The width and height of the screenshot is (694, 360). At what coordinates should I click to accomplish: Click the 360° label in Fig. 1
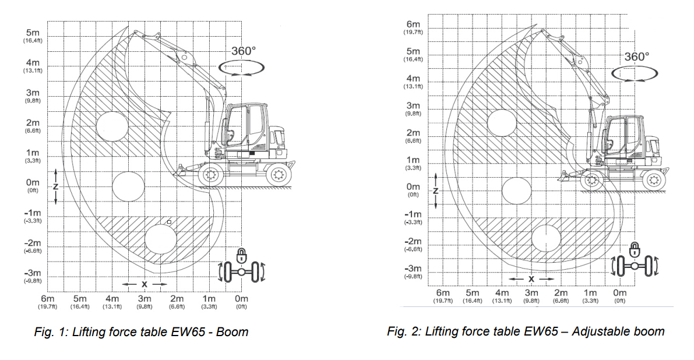pos(244,51)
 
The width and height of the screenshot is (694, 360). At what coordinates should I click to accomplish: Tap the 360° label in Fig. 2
pos(636,57)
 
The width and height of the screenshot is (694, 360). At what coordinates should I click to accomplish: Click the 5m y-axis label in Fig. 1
pos(33,33)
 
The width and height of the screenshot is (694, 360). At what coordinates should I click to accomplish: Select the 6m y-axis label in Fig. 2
pos(413,24)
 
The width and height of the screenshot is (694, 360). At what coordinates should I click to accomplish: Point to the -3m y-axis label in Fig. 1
pos(33,273)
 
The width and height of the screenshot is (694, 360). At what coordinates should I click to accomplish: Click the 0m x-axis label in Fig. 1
pos(241,298)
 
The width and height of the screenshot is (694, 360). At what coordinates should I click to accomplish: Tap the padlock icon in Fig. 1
pos(241,255)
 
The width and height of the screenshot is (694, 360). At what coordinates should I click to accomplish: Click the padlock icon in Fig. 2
pos(635,249)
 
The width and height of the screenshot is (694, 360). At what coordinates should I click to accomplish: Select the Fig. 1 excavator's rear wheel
pos(279,174)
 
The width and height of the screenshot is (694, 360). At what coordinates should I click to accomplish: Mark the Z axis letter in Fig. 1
pos(55,186)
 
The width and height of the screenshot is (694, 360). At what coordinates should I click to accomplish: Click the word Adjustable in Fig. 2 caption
pos(596,331)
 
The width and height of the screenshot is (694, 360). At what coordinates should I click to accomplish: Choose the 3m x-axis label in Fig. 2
pos(531,292)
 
